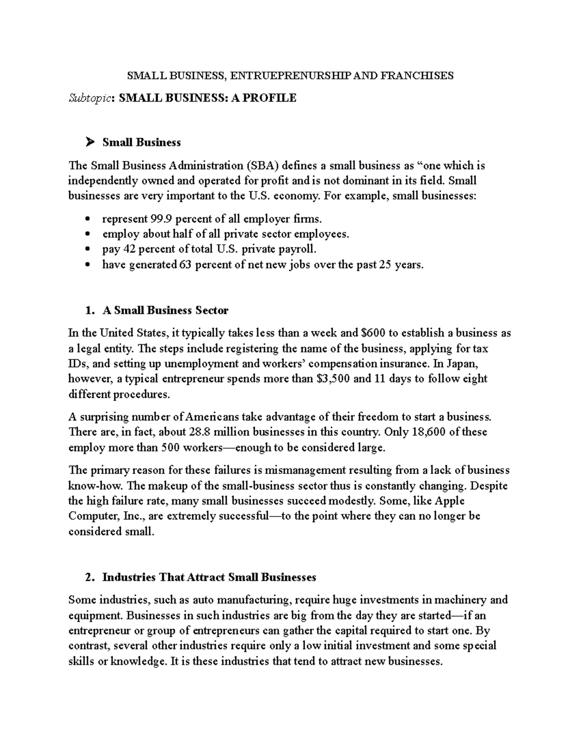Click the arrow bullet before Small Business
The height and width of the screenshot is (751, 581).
point(89,142)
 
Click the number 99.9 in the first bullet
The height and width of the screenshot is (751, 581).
point(161,219)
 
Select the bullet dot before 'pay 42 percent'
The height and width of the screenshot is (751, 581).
point(88,250)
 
